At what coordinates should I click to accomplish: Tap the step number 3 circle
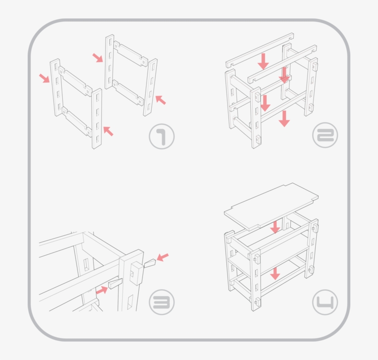[x=162, y=302]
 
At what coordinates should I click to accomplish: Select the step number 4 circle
[x=325, y=303]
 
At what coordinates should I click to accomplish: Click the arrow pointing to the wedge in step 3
[x=102, y=290]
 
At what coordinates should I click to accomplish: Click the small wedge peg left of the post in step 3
[x=115, y=283]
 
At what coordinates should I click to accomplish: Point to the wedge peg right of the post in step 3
[x=150, y=264]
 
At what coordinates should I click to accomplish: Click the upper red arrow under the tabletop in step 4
[x=275, y=227]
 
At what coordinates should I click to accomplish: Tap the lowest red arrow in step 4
[x=275, y=273]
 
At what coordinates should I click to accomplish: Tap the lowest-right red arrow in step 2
[x=284, y=118]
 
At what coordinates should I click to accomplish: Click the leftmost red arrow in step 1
[x=44, y=78]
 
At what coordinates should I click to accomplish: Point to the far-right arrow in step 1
[x=160, y=99]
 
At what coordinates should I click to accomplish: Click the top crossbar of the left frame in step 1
[x=74, y=80]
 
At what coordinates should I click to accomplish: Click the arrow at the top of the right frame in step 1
[x=98, y=58]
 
